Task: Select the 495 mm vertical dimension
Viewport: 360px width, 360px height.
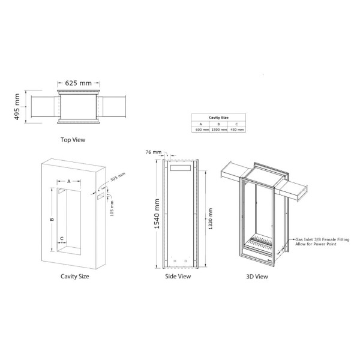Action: point(17,107)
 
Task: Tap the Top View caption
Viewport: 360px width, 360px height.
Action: point(73,140)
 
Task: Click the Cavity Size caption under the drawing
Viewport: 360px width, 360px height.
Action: point(75,277)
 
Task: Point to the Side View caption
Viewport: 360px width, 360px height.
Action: point(178,277)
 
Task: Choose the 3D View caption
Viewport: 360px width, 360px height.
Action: point(257,277)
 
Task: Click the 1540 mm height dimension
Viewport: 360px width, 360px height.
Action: point(157,215)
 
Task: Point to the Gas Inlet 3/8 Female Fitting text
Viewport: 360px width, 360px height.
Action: point(322,239)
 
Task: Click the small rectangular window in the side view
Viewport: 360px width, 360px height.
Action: point(179,169)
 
